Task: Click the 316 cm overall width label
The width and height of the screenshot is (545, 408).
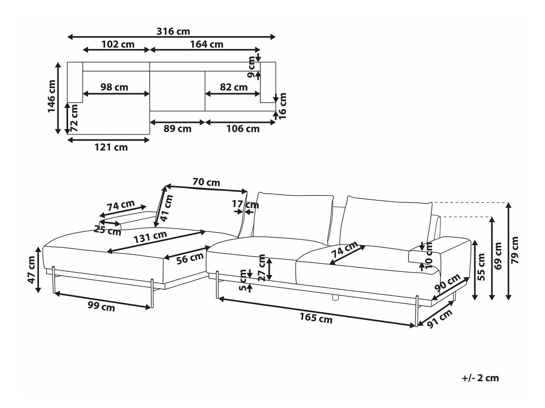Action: coord(173,31)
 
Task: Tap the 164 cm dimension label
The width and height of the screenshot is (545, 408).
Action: coord(207,44)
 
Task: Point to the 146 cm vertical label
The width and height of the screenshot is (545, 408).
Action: coord(52,96)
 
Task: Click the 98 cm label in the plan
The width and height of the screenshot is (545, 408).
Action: coord(114,87)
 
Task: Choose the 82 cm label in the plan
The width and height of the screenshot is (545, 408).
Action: coord(233,87)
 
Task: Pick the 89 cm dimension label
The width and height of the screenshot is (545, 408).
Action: coord(177,129)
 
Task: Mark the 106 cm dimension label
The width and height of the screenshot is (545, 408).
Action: coord(243,129)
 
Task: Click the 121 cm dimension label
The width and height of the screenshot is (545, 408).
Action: coord(111,147)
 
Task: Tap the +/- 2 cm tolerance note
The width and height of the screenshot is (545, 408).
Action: coord(480,378)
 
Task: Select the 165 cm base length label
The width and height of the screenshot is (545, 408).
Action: coord(316,319)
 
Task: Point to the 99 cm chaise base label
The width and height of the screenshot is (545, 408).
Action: coord(101,307)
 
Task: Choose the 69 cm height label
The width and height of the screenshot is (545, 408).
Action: coord(498,256)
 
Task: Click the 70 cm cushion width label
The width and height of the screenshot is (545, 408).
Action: coord(206,182)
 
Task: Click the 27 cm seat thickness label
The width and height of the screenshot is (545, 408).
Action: coord(262,267)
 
